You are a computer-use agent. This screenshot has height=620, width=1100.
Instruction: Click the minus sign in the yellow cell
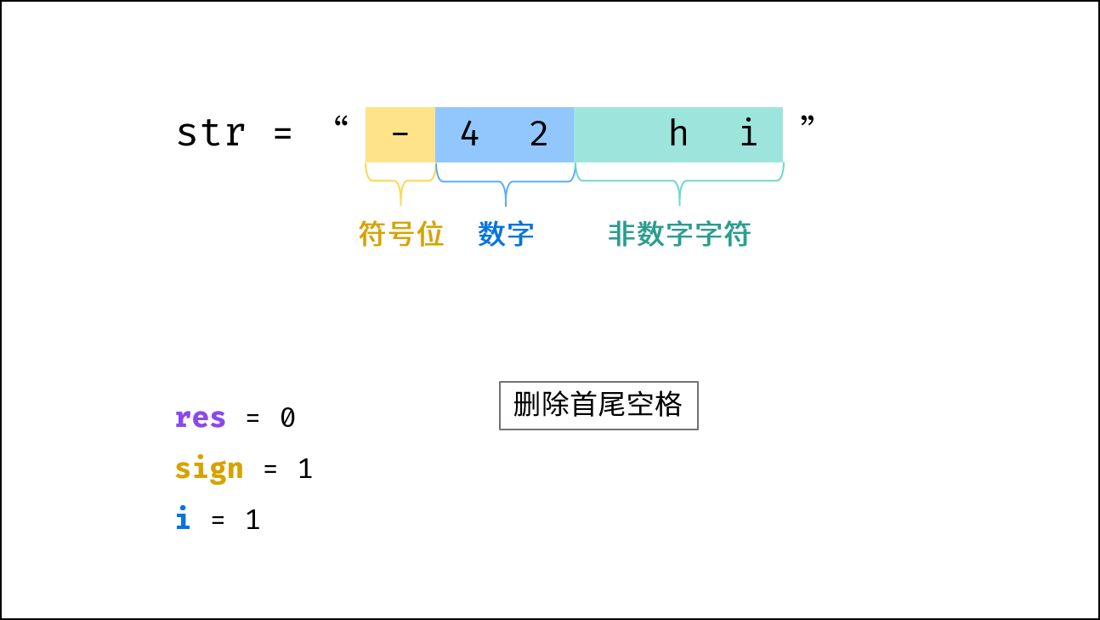pyautogui.click(x=400, y=134)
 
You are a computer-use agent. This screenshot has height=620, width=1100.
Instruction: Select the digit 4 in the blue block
pyautogui.click(x=469, y=134)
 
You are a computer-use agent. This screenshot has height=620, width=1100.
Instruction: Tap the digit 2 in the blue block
pyautogui.click(x=539, y=134)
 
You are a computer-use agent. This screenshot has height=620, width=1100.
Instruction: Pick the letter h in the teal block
pyautogui.click(x=678, y=132)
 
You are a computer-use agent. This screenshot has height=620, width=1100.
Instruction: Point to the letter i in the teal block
pyautogui.click(x=748, y=132)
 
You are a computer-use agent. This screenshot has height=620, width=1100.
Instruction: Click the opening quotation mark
pyautogui.click(x=341, y=122)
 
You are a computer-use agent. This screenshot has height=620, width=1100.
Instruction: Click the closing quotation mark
pyautogui.click(x=808, y=121)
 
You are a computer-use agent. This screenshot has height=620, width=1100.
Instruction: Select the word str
pyautogui.click(x=211, y=134)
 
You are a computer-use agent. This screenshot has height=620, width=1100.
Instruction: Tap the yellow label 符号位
pyautogui.click(x=401, y=234)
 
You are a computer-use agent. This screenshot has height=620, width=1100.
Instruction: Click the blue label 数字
pyautogui.click(x=506, y=234)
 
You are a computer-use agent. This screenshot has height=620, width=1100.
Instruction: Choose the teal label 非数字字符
pyautogui.click(x=680, y=234)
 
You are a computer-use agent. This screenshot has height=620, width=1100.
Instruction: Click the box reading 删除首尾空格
pyautogui.click(x=598, y=406)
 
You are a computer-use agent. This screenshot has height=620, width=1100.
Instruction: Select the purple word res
pyautogui.click(x=201, y=418)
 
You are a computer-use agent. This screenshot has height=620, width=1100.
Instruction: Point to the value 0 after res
pyautogui.click(x=288, y=418)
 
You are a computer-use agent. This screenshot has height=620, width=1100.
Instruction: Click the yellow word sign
pyautogui.click(x=209, y=469)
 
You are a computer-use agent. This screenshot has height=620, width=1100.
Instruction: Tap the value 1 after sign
pyautogui.click(x=305, y=469)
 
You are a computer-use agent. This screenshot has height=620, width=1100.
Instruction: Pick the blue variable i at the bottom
pyautogui.click(x=183, y=518)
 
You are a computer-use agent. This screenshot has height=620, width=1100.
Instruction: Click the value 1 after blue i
pyautogui.click(x=253, y=520)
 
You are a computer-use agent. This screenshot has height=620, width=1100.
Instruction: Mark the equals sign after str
pyautogui.click(x=283, y=133)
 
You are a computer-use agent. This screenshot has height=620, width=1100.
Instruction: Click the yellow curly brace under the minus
pyautogui.click(x=400, y=181)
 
